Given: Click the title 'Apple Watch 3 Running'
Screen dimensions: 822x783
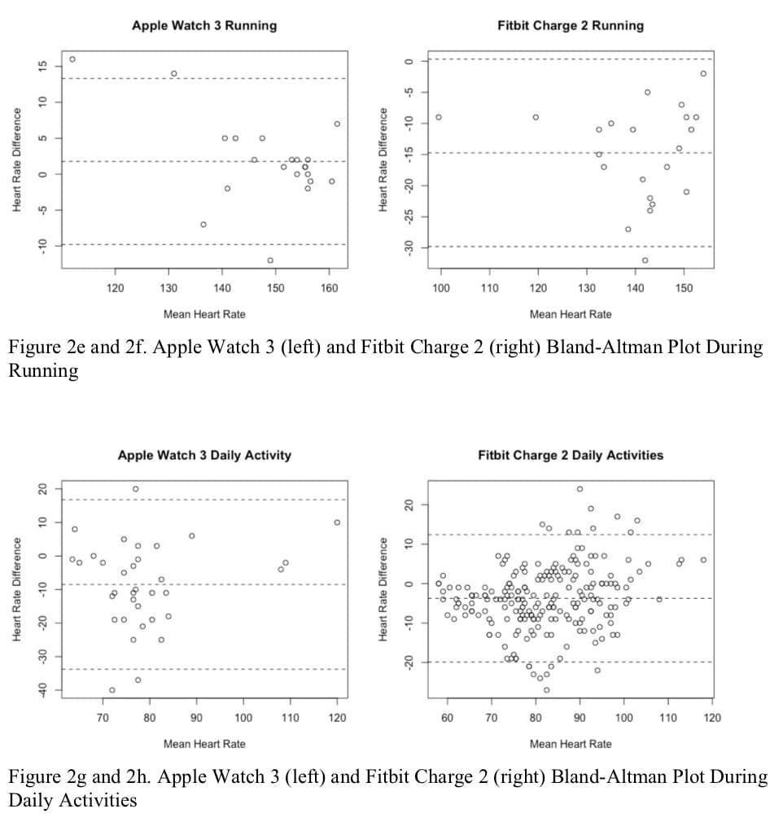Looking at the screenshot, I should pos(204,25).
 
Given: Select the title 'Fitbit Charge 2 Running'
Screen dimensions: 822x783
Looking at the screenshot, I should pos(571,25).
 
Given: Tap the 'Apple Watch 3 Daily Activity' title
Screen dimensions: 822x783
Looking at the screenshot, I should pos(204,455).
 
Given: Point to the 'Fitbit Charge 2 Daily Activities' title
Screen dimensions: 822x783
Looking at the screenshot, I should pos(571,455).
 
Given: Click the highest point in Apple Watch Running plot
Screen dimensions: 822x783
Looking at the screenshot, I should pos(72,59).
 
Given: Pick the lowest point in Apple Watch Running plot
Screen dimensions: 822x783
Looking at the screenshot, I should pos(270,260).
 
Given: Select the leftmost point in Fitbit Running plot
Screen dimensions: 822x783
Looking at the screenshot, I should pos(439,117).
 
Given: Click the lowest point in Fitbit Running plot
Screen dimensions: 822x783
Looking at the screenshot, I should pos(645,260).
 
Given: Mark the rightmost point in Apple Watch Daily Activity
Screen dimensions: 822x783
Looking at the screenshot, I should pos(337,522).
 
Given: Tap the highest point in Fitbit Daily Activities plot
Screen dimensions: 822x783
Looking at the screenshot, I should pos(580,489).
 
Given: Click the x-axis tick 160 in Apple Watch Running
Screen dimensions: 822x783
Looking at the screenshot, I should pos(329,287).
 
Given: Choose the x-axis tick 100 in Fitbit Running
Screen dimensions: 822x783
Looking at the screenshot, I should pos(441,287).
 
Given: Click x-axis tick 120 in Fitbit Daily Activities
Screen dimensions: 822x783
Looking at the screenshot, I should pos(711,718).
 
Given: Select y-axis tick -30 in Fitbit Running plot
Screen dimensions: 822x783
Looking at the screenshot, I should pos(409,246).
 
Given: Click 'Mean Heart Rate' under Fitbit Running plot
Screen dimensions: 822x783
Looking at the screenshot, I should pos(571,314).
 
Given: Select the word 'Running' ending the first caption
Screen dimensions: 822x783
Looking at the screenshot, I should pos(43,372).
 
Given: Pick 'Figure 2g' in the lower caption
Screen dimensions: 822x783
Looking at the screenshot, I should pos(50,776).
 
